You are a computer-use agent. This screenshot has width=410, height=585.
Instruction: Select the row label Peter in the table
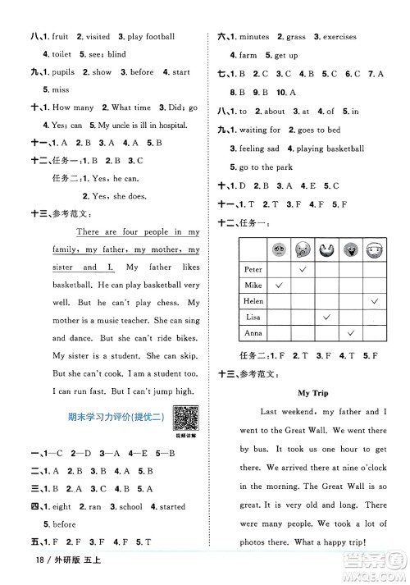click(254, 268)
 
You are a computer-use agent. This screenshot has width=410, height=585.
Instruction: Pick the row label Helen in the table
click(255, 300)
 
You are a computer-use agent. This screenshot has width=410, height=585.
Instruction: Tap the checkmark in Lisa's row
click(327, 316)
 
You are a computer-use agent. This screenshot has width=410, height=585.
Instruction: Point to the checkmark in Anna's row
click(351, 332)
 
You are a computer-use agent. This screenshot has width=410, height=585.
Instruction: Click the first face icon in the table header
click(278, 249)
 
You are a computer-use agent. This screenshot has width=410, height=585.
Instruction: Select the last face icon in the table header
click(376, 249)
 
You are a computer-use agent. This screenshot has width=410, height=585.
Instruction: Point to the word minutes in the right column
click(254, 37)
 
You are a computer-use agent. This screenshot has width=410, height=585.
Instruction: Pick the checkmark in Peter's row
click(303, 268)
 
